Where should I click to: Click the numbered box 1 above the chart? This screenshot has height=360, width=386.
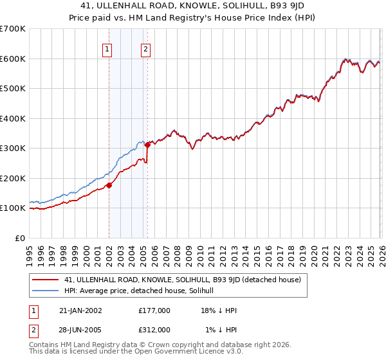click(x=107, y=49)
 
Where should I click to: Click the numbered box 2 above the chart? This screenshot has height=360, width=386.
click(x=146, y=49)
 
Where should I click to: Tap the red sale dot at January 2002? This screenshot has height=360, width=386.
click(x=109, y=185)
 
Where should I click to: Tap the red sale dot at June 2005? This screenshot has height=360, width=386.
click(x=147, y=145)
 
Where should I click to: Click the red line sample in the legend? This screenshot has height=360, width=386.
click(x=45, y=280)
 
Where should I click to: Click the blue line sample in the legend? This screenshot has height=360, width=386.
click(x=45, y=291)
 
